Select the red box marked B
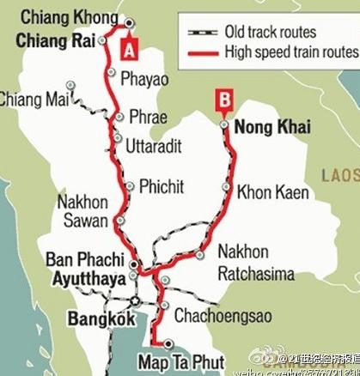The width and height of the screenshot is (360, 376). pos(223,100)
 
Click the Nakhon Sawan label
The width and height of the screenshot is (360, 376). pos(82,211)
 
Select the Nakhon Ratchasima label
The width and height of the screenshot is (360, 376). pos(256,264)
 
